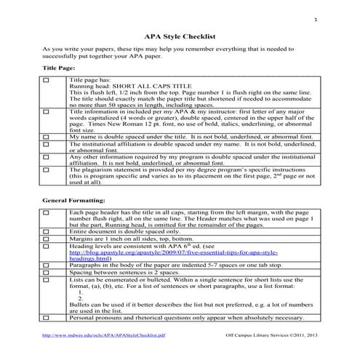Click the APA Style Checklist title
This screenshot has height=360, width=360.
coord(179,34)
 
